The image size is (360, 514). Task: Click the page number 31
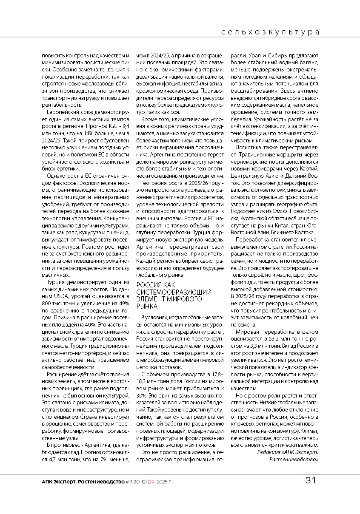click(311, 480)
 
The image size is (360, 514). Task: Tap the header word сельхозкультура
click(270, 32)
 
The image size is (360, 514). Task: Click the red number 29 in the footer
click(151, 482)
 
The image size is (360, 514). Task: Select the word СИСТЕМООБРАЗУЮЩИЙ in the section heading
click(174, 292)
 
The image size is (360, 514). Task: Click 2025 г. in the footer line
click(164, 482)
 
